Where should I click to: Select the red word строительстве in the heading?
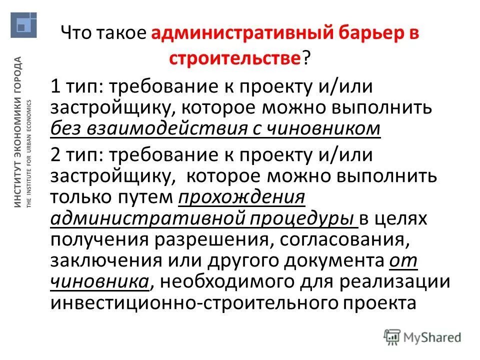pos(235,59)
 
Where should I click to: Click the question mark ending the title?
pos(304,59)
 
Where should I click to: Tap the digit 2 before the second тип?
pos(56,155)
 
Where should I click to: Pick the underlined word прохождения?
pos(241,197)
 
